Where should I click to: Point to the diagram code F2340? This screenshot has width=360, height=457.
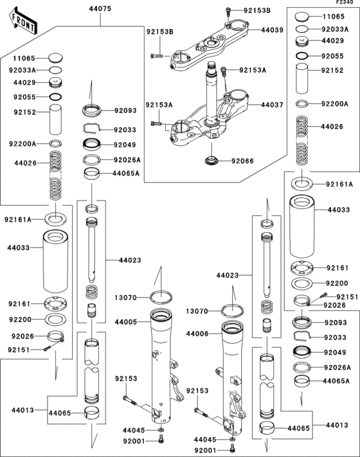coord(345,4)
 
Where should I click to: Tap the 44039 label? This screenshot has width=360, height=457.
coord(273,30)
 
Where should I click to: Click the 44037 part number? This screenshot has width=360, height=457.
coord(273,104)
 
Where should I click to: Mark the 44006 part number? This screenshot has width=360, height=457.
coord(199,334)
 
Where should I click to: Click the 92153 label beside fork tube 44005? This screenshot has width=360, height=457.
coord(127,379)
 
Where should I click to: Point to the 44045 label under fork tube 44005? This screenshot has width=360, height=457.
coord(134,430)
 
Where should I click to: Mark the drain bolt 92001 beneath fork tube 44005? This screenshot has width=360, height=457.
coord(160,441)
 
